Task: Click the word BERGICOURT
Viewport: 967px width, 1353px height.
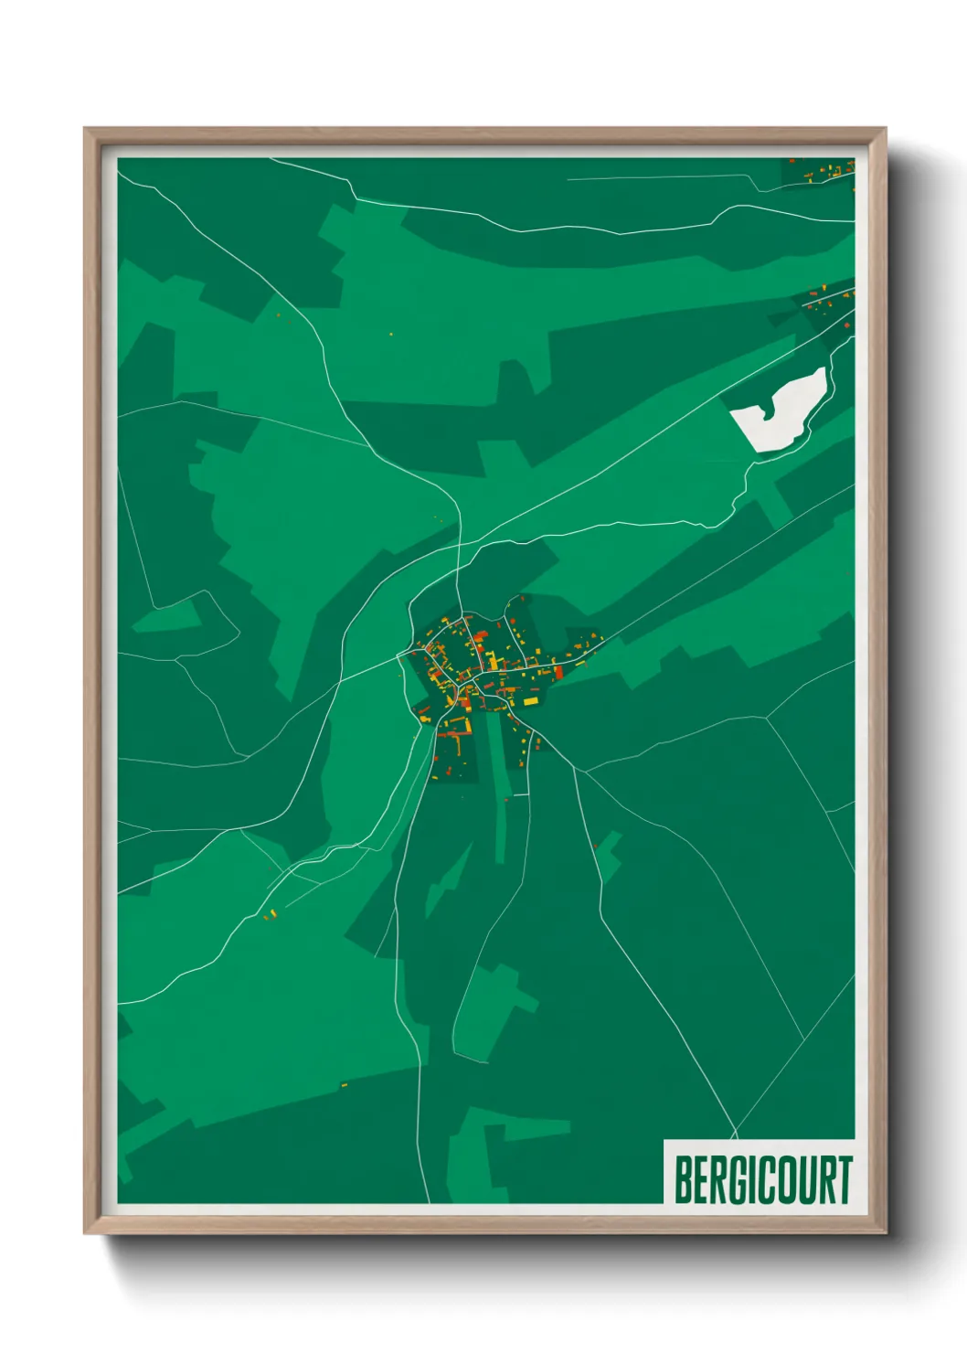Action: (x=762, y=1179)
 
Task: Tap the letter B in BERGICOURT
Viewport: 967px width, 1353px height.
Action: (x=683, y=1179)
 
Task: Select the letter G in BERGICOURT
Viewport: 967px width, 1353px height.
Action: (x=727, y=1179)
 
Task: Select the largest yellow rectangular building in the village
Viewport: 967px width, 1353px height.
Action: (x=530, y=701)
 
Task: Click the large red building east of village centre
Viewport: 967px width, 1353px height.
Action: (x=558, y=672)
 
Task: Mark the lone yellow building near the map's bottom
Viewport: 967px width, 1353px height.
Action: (x=345, y=1085)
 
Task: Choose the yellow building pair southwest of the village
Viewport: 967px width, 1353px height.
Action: (x=270, y=913)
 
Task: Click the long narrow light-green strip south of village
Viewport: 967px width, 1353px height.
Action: (x=498, y=786)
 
